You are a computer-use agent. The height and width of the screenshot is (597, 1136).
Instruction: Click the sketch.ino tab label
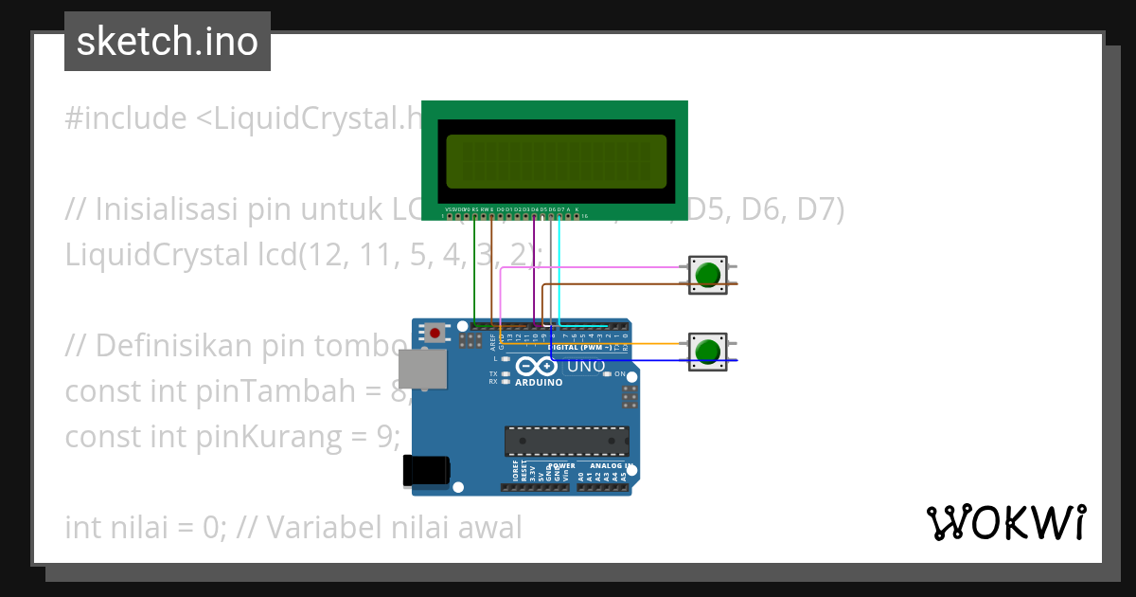click(x=168, y=42)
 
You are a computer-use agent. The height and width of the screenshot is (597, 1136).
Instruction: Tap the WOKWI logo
click(x=1005, y=523)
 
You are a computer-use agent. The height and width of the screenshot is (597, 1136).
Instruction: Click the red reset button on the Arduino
click(x=435, y=333)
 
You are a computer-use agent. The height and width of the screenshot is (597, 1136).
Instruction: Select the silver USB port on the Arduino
click(x=422, y=369)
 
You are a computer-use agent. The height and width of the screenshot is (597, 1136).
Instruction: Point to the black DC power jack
click(x=426, y=472)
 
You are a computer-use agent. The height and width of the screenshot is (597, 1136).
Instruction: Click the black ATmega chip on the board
click(x=566, y=441)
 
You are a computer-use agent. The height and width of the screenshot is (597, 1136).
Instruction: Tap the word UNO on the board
click(x=586, y=366)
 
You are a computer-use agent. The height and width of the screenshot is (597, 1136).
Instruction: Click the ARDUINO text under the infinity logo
click(x=539, y=383)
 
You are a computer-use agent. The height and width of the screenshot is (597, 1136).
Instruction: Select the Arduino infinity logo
click(x=537, y=367)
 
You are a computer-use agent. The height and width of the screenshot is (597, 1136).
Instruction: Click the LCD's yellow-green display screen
click(x=556, y=160)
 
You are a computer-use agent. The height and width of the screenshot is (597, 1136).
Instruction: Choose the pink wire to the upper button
click(x=587, y=267)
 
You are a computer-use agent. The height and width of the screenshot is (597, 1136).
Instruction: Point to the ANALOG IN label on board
click(x=611, y=466)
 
